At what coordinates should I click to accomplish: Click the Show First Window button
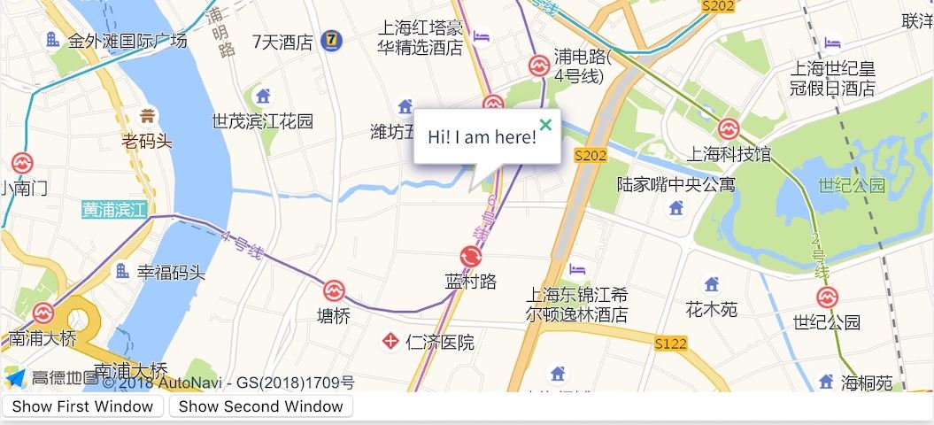[x=83, y=406]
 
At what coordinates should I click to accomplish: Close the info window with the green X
[x=546, y=125]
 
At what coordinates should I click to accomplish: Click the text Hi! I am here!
[x=482, y=137]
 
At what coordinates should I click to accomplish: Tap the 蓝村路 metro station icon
[x=470, y=257]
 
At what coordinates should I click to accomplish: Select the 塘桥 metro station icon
[x=334, y=290]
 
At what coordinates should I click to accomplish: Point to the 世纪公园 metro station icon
[x=827, y=297]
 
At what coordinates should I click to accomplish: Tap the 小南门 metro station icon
[x=21, y=164]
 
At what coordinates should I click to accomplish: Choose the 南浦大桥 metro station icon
[x=42, y=313]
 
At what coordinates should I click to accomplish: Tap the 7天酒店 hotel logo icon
[x=331, y=40]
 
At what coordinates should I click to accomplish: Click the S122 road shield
[x=671, y=344]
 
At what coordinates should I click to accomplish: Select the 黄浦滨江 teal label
[x=113, y=210]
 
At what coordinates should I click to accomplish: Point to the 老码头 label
[x=147, y=140]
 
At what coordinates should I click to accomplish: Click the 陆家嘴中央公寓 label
[x=675, y=184]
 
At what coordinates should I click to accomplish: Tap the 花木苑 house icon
[x=711, y=285]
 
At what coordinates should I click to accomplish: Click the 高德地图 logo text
[x=65, y=378]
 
